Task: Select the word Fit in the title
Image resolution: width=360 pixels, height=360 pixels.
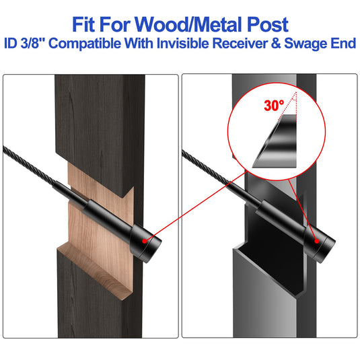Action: pyautogui.click(x=83, y=24)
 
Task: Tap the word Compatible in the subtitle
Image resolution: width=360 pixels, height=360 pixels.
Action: pyautogui.click(x=85, y=44)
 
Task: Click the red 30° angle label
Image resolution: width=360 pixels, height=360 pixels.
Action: pyautogui.click(x=274, y=106)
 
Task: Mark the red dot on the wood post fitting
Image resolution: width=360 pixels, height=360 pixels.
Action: pyautogui.click(x=144, y=241)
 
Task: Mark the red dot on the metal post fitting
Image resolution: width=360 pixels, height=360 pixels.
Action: pyautogui.click(x=317, y=241)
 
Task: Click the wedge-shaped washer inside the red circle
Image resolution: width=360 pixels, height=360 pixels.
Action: pyautogui.click(x=278, y=142)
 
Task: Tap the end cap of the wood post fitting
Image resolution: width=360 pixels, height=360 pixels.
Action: pyautogui.click(x=146, y=244)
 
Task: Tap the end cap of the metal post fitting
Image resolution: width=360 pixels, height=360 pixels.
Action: pyautogui.click(x=320, y=244)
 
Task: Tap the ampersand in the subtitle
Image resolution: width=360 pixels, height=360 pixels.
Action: pyautogui.click(x=276, y=43)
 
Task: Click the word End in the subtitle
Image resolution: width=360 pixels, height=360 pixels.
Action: pyautogui.click(x=343, y=43)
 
